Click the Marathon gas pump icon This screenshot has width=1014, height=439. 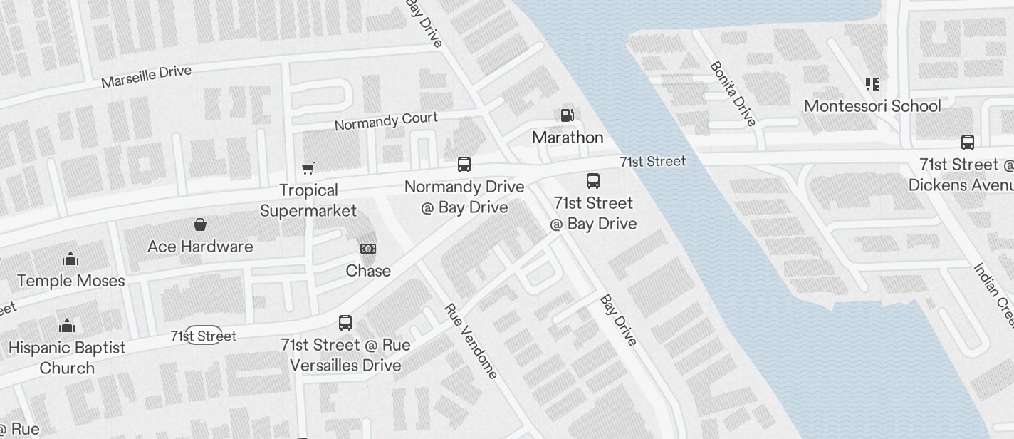click(x=567, y=115)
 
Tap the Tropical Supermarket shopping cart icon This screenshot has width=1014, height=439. click(x=308, y=168)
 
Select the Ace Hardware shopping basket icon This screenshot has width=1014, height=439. click(x=200, y=225)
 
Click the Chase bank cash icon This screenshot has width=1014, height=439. click(x=368, y=249)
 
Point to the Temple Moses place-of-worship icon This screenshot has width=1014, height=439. click(x=70, y=259)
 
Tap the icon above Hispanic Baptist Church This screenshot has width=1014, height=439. click(x=67, y=326)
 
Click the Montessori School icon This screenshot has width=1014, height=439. click(x=872, y=84)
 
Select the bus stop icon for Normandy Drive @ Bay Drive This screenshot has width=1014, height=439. click(x=464, y=165)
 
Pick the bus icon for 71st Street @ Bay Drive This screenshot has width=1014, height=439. click(x=593, y=181)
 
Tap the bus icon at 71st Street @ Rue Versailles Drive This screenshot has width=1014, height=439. click(x=345, y=323)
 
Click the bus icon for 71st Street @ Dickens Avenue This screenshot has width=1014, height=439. click(x=968, y=143)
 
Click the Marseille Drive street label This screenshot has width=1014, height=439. click(x=146, y=76)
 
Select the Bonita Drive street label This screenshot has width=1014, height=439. click(x=733, y=94)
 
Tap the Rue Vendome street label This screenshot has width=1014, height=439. click(x=470, y=341)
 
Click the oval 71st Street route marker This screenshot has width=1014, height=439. click(x=204, y=335)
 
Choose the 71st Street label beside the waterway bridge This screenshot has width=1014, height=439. click(x=652, y=162)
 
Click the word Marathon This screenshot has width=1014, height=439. click(x=568, y=138)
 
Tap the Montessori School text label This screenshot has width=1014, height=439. click(x=872, y=106)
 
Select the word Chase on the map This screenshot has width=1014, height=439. click(x=368, y=271)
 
